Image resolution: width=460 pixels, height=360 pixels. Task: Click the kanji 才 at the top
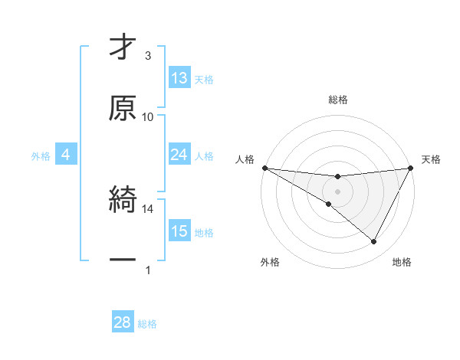point(123,47)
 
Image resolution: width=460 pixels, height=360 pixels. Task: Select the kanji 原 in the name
point(123,108)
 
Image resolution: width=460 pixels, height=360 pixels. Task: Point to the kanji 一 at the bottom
point(123,260)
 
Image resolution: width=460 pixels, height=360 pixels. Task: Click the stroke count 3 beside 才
point(148,56)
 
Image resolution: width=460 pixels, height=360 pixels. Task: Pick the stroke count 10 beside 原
point(148,116)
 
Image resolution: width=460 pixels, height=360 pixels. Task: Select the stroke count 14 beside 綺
point(148,208)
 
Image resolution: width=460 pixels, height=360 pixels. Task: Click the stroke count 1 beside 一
point(148,269)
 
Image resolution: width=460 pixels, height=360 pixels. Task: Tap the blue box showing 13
point(179,77)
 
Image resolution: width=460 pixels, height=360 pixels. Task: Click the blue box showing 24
point(179,155)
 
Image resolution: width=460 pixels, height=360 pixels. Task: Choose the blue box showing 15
point(179,231)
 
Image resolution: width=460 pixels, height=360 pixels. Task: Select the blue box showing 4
point(65,155)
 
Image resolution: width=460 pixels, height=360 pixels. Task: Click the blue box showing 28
point(123,322)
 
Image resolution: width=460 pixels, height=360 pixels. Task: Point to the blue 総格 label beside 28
point(147,324)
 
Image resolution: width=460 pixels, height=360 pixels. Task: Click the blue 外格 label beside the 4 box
point(41,156)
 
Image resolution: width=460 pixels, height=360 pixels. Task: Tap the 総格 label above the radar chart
point(338,100)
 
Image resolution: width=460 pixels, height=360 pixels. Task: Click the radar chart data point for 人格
point(264,168)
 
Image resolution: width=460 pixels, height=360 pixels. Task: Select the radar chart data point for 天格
point(411,168)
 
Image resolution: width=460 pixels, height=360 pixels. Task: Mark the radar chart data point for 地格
point(374,242)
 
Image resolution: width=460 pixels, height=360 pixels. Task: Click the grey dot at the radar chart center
point(338,191)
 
